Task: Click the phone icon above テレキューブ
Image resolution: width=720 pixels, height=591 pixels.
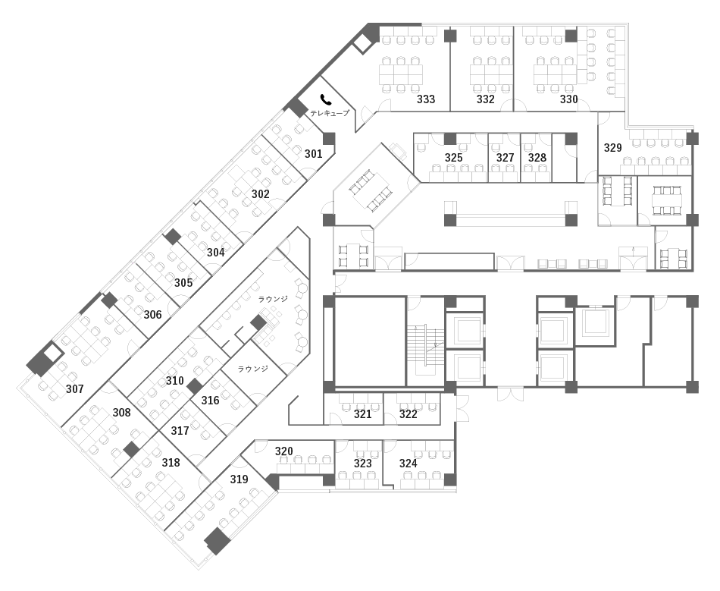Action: click(326, 99)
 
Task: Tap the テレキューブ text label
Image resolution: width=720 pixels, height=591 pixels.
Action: click(329, 113)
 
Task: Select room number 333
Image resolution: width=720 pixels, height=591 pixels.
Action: click(426, 99)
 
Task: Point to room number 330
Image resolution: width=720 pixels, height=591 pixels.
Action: click(568, 99)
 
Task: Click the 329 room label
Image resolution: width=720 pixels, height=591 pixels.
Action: click(612, 147)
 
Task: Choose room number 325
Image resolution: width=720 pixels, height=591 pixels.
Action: click(453, 158)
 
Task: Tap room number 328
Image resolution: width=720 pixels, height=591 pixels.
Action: click(537, 158)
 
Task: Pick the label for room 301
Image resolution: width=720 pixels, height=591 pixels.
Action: click(313, 154)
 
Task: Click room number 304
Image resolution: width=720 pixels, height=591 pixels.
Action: click(215, 253)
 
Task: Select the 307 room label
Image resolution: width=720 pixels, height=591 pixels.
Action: click(74, 389)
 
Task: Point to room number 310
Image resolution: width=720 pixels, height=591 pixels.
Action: click(174, 381)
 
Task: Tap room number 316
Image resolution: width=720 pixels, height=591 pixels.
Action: click(210, 401)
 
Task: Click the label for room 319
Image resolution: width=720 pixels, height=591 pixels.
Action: click(239, 479)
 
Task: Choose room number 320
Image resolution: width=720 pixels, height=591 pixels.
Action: click(283, 451)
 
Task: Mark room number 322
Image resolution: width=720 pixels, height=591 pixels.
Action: click(408, 414)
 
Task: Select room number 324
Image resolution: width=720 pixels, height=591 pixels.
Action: click(408, 464)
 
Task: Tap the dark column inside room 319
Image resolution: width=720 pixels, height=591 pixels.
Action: click(217, 542)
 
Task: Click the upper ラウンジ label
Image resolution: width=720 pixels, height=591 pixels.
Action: click(273, 299)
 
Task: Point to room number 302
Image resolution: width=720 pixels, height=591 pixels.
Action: click(260, 194)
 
